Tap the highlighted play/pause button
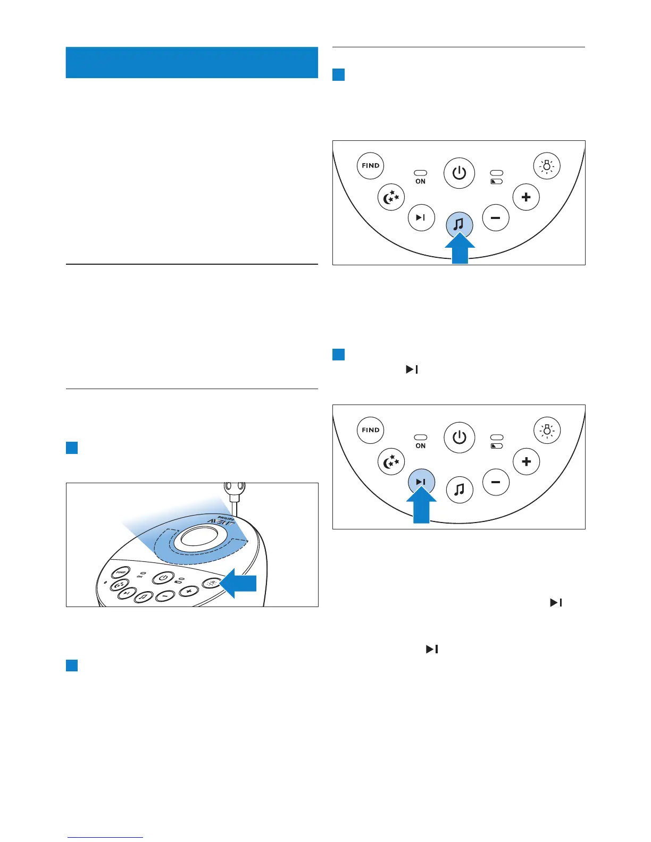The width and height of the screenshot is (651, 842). click(x=421, y=482)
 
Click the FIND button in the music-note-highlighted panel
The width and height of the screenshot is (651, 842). click(x=370, y=165)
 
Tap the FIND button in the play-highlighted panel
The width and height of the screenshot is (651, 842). click(x=370, y=430)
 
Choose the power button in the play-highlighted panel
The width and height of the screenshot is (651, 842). click(x=459, y=437)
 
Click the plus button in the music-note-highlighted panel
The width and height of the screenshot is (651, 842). click(x=526, y=197)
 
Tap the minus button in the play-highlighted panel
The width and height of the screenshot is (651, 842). click(x=496, y=482)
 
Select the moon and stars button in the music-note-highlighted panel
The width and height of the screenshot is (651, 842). click(x=391, y=198)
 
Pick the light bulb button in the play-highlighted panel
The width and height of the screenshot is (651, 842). click(x=547, y=431)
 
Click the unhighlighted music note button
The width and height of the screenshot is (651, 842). click(x=459, y=489)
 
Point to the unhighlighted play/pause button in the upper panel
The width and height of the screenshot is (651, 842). click(x=421, y=217)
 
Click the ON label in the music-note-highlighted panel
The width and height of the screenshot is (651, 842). click(x=420, y=181)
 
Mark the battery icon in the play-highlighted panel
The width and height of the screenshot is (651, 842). click(x=496, y=446)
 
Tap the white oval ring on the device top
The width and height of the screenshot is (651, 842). click(x=197, y=538)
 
